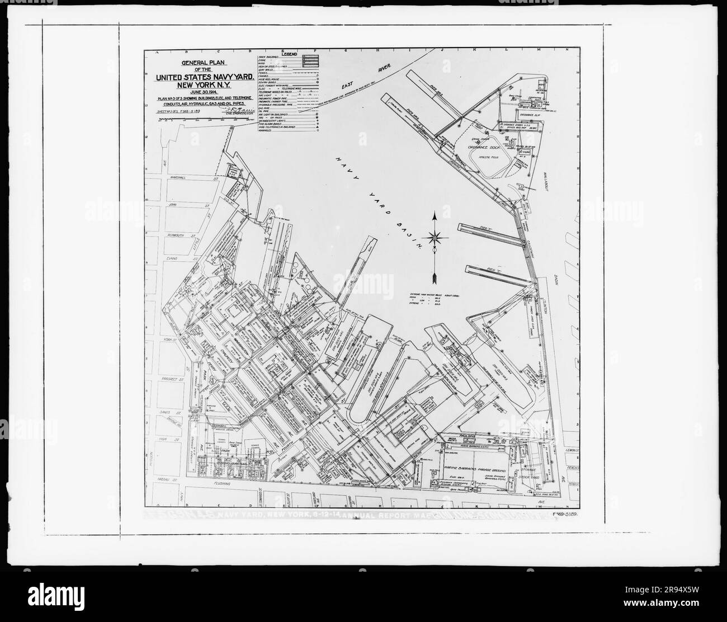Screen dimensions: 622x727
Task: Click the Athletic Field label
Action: click(x=488, y=158)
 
